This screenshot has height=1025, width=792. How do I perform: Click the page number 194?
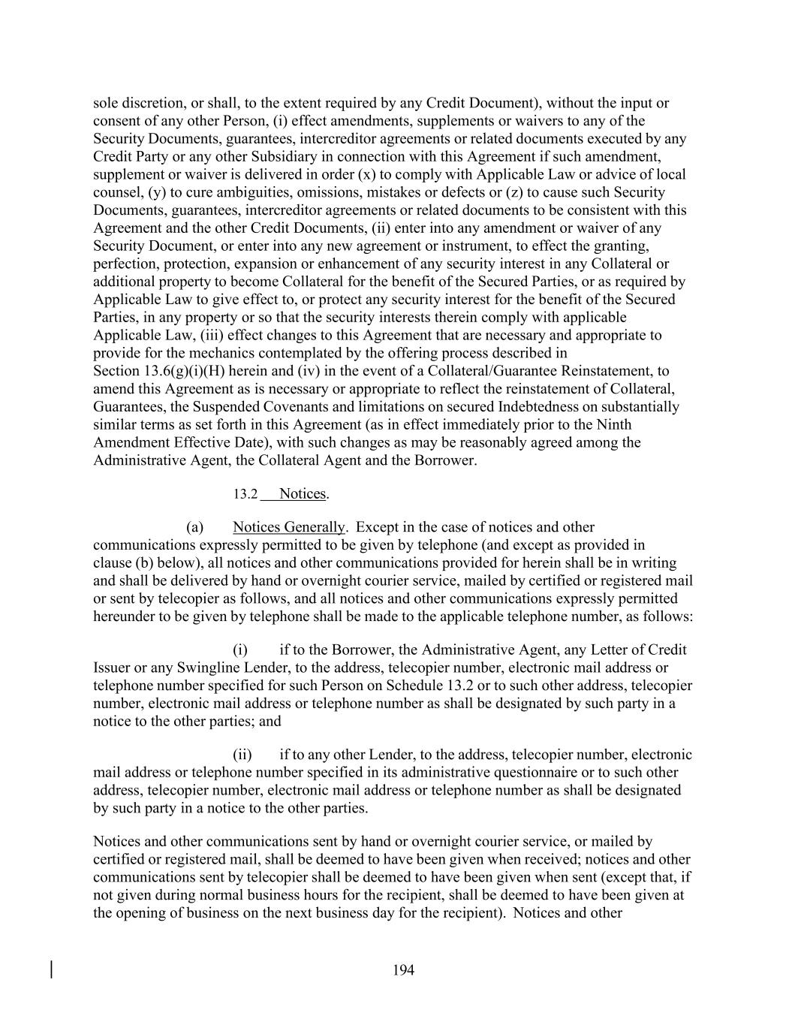point(403,970)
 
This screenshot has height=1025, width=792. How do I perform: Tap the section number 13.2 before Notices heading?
point(245,494)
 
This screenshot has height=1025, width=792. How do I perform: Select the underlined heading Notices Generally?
point(289,527)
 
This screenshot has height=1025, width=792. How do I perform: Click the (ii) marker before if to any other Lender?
point(242,755)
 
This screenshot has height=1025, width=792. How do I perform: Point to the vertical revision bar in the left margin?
point(51,969)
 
